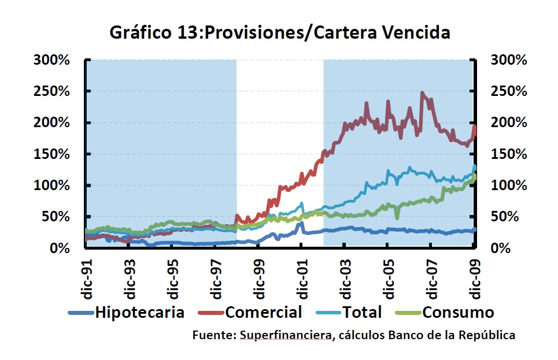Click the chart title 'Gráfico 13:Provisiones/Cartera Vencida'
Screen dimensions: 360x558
pyautogui.click(x=280, y=33)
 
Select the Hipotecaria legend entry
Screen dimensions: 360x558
pyautogui.click(x=139, y=313)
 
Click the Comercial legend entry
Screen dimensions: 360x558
pyautogui.click(x=264, y=313)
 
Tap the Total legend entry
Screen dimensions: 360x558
pyautogui.click(x=362, y=313)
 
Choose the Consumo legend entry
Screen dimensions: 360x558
pyautogui.click(x=458, y=313)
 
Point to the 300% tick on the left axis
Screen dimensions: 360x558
pyautogui.click(x=53, y=60)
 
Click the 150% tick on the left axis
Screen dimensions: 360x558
pyautogui.click(x=53, y=154)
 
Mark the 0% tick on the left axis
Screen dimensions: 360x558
pyautogui.click(x=60, y=248)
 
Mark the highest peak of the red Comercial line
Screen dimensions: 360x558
pyautogui.click(x=423, y=93)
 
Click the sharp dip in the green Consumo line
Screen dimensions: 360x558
pyautogui.click(x=397, y=217)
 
